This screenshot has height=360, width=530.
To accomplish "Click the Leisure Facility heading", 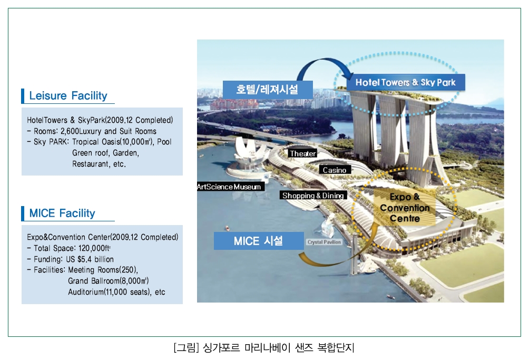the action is point(68,95).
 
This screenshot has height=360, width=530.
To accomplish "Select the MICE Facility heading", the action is point(62,213).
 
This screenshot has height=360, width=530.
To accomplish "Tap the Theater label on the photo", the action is point(302,153).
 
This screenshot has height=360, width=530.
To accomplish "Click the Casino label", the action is point(335,170).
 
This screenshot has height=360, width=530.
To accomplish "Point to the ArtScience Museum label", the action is point(229,187).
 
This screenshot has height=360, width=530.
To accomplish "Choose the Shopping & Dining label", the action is point(313,196).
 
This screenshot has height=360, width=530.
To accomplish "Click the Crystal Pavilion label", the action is point(324,242).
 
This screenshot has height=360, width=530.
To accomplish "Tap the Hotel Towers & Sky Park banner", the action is point(406,82).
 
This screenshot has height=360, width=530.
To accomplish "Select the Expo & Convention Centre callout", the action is point(405,208).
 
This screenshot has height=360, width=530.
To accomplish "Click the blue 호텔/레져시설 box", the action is point(268,90).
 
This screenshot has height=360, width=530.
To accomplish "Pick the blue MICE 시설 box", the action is point(259,241).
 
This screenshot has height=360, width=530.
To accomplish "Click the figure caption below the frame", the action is point(264,347).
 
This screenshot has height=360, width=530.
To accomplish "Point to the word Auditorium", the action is point(86,292).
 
